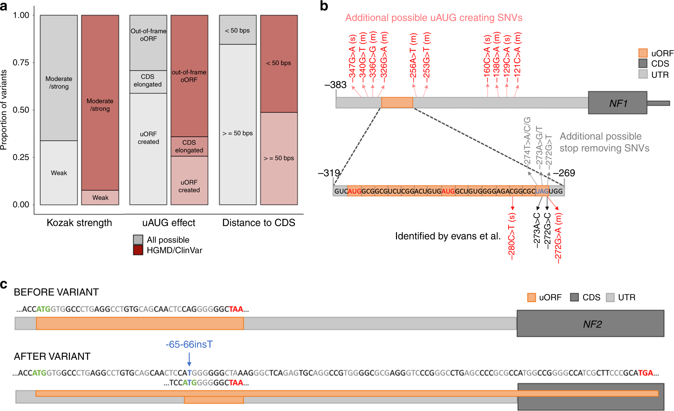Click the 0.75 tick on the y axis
pos(21,63)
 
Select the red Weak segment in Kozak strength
pos(100,197)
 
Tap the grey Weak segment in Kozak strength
pos(59,173)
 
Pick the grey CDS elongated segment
pos(148,81)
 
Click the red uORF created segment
pos(189,180)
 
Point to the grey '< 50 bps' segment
pos(238,30)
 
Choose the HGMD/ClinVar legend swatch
pos(138,250)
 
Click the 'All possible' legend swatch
pos(138,239)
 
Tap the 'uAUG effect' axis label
pos(168,223)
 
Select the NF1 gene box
pos(617,103)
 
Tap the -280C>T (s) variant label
pos(512,236)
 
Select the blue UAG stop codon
pos(542,191)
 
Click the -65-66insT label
pos(189,344)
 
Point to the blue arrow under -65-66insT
pos(189,359)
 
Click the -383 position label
pos(335,85)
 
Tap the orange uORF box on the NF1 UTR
pos(397,102)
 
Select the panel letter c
pos(4,284)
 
